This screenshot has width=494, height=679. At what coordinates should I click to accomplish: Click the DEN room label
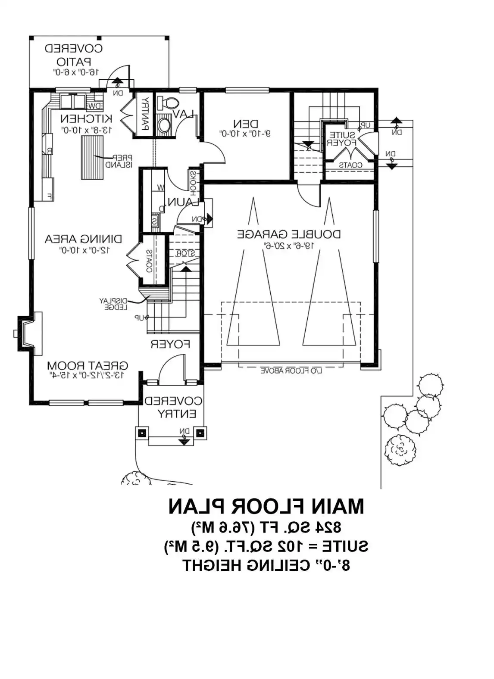246,124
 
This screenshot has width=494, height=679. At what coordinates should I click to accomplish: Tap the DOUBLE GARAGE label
289,234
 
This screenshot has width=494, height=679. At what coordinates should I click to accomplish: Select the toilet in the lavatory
168,103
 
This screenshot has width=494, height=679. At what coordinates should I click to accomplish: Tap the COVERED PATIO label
74,55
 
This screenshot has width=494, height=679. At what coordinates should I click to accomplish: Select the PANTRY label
145,114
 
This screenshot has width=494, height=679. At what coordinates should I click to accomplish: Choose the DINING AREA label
83,238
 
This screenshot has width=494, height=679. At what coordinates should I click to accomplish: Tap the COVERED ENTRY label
173,407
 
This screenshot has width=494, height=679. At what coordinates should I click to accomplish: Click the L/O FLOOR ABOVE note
291,371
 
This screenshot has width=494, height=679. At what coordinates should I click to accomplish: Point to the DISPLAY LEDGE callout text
113,304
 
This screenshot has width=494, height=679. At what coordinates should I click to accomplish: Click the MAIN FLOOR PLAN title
266,506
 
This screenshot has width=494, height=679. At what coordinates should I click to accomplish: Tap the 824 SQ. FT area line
266,526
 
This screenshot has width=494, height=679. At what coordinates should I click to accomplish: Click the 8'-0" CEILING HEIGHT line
266,565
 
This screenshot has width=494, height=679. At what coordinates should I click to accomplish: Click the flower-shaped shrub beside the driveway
401,450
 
